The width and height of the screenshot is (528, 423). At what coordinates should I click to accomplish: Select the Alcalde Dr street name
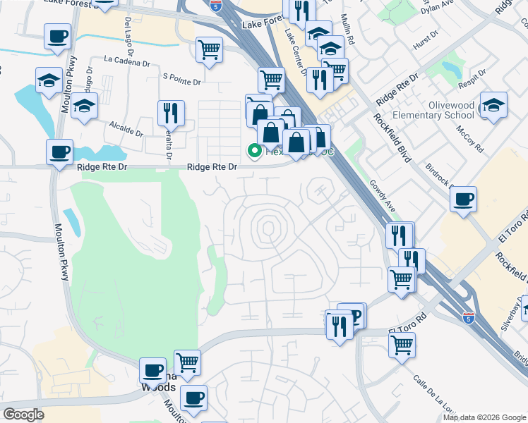tap(126, 128)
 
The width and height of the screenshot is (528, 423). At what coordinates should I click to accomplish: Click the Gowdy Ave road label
tap(381, 194)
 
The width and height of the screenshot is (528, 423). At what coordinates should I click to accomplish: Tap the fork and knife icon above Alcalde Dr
tap(171, 113)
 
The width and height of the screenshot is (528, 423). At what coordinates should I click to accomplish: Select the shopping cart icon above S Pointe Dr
tap(209, 50)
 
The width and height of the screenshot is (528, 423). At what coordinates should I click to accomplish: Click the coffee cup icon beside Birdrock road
tap(463, 199)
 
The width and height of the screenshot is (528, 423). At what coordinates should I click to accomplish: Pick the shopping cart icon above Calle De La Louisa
tap(402, 345)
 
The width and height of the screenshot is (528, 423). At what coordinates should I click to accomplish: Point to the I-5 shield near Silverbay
tap(469, 317)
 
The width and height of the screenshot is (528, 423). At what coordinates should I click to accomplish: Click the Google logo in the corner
tap(23, 415)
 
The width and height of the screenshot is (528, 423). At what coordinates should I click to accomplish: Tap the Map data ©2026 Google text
tap(484, 417)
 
